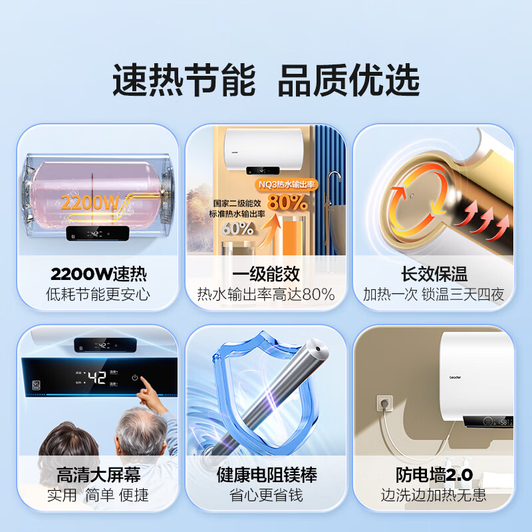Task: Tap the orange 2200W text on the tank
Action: point(90,202)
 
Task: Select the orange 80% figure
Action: point(287,201)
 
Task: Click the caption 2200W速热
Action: point(98,274)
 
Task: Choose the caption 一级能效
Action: point(266,274)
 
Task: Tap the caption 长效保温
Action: point(434,274)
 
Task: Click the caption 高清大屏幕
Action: point(98,475)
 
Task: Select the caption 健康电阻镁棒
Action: point(266,475)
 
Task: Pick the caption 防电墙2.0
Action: point(434,475)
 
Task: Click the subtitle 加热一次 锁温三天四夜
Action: point(434,295)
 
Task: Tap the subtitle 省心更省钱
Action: point(266,495)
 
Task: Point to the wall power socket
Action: point(384,403)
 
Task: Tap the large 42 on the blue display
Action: point(98,378)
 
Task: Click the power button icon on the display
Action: point(135,378)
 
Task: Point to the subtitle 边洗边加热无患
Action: point(434,495)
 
